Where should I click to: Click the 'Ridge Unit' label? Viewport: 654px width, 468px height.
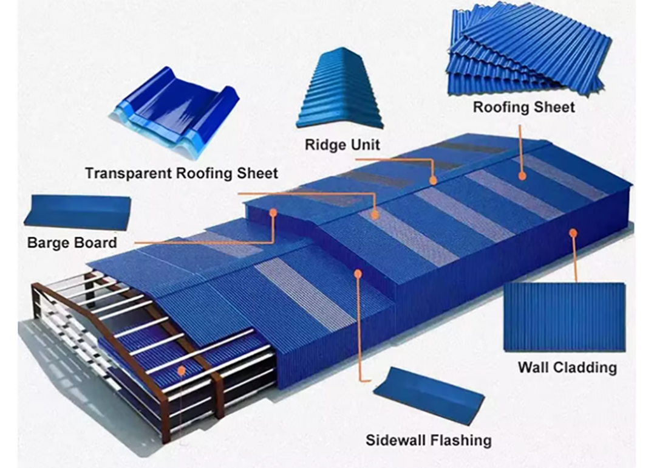tap(342, 145)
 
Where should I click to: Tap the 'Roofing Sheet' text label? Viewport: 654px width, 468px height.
tap(523, 108)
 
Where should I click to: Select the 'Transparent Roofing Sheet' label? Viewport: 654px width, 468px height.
tap(182, 173)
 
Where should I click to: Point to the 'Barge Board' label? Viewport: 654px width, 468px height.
tap(72, 243)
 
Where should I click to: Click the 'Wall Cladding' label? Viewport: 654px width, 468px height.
tap(567, 367)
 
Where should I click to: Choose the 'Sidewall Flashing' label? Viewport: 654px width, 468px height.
tap(428, 439)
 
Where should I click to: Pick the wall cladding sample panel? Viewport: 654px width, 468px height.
tap(564, 317)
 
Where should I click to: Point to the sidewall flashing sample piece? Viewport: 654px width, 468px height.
tap(429, 395)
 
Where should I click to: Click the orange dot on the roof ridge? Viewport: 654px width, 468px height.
tap(433, 181)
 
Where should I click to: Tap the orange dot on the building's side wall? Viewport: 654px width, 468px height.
tap(573, 232)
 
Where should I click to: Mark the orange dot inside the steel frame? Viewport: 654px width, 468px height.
tap(180, 370)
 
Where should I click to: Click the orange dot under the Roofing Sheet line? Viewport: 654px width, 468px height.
tap(522, 176)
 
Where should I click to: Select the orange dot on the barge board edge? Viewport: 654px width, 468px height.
tap(274, 213)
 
